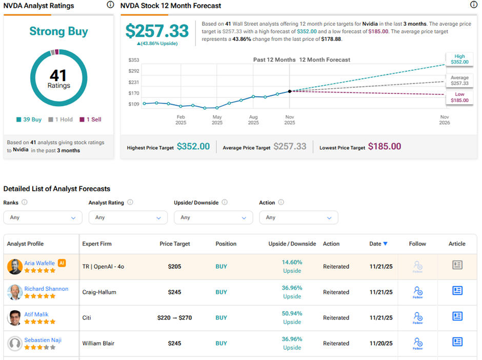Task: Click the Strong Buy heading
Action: (58, 31)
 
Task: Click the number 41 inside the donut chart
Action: (58, 76)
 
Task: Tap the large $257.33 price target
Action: (157, 31)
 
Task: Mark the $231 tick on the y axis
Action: (133, 82)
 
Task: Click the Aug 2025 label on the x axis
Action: (253, 120)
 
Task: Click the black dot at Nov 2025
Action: (290, 91)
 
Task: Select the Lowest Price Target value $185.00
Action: (385, 147)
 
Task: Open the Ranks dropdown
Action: (43, 217)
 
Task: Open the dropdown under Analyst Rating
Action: (128, 217)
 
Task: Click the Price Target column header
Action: (174, 244)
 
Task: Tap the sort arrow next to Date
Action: (386, 244)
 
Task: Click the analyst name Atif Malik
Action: (36, 314)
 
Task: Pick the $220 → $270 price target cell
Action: (174, 318)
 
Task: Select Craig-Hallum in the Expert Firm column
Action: (99, 292)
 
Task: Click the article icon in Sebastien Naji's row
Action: (457, 342)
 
